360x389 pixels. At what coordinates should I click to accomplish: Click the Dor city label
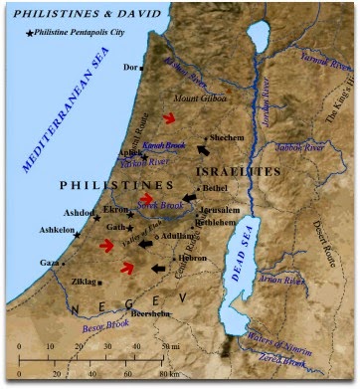(127, 68)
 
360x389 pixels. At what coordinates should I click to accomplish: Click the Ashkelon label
(56, 230)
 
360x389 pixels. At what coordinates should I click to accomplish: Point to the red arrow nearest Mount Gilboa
(170, 118)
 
